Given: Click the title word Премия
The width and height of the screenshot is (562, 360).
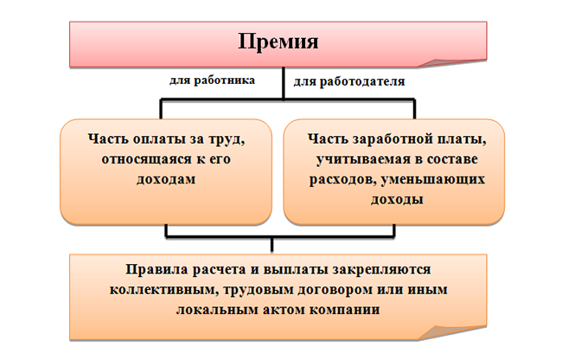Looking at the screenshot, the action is click(278, 42).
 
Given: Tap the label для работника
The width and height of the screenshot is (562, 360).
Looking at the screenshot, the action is click(212, 80).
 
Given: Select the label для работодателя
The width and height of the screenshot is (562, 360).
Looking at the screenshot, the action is click(349, 81).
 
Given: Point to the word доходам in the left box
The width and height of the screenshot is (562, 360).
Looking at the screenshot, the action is click(166, 179).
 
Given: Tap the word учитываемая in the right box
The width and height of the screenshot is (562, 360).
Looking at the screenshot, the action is click(363, 159).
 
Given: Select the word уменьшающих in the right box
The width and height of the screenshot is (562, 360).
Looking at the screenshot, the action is click(432, 179).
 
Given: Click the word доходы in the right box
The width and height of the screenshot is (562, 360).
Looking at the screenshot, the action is click(397, 199).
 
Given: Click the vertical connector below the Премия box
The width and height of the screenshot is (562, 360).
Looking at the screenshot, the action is click(284, 83).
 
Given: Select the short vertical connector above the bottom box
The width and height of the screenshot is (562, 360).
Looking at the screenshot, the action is click(272, 245).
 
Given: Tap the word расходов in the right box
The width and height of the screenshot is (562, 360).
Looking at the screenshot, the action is click(342, 179).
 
